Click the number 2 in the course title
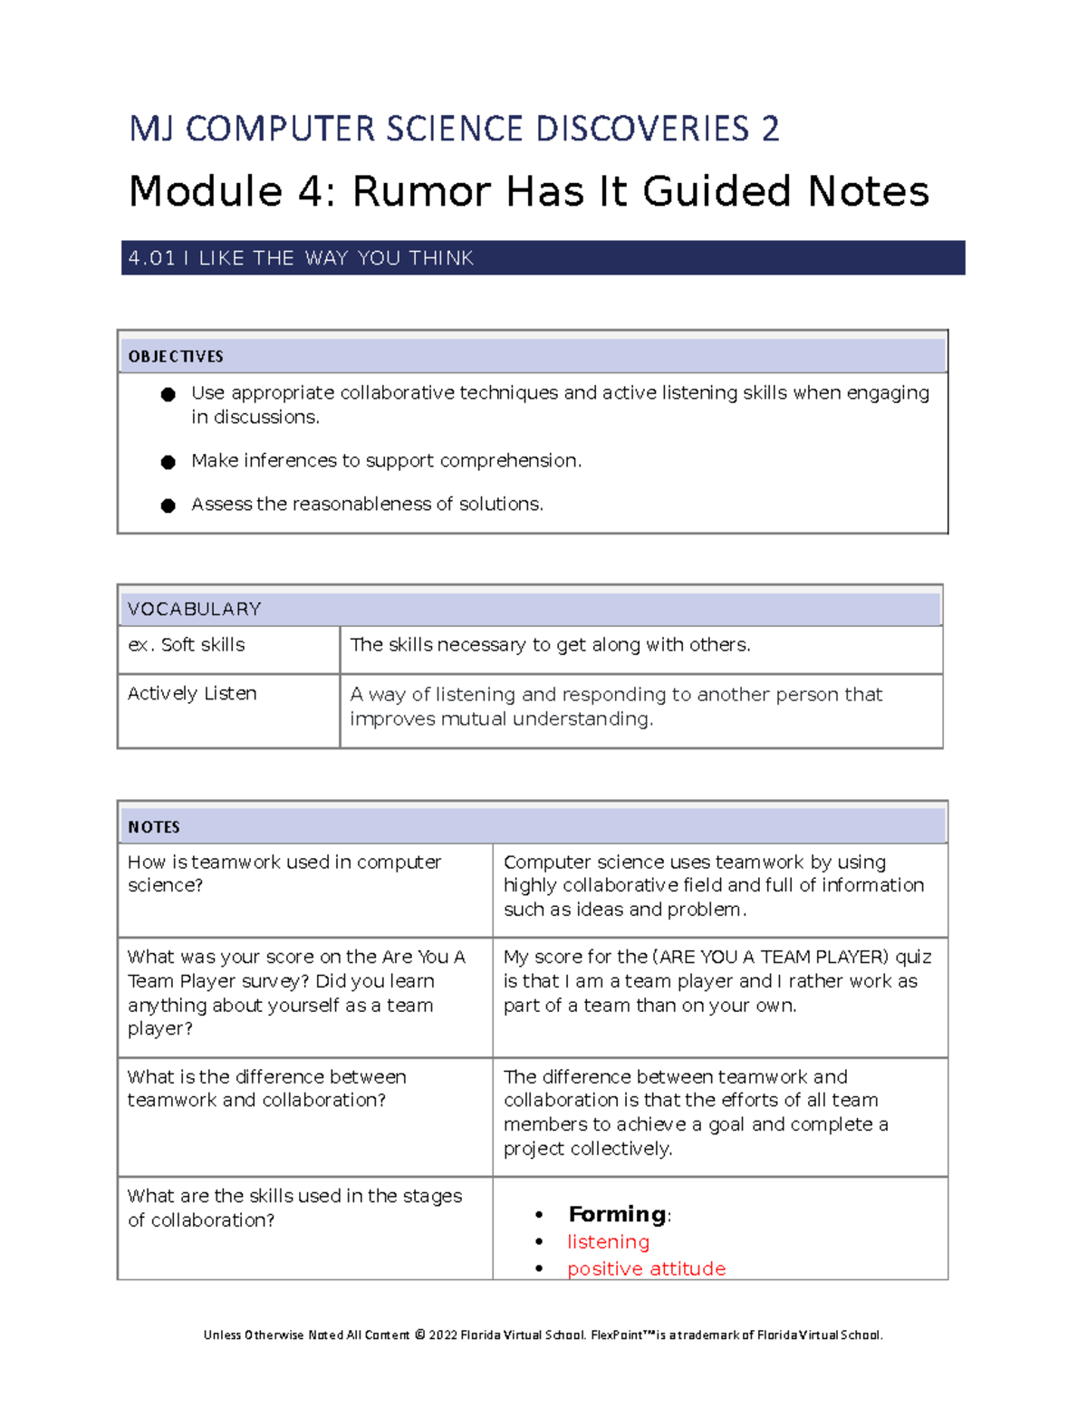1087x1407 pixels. pos(769,129)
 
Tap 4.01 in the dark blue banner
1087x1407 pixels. pos(151,258)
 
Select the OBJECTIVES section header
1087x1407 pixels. pos(176,356)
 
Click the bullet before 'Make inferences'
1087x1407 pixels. pos(168,462)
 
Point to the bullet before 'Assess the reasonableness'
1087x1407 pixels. pos(168,506)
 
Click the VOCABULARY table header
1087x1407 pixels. pos(194,609)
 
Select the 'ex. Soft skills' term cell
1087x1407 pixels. pos(187,645)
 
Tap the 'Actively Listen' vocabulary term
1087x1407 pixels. pos(192,693)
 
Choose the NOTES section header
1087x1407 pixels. pos(154,826)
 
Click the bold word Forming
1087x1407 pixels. pos(617,1214)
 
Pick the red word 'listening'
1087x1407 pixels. pos(608,1241)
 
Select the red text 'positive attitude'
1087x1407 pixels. pos(646,1268)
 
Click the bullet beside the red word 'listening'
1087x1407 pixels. pos(539,1242)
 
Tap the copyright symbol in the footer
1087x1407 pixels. pos(419,1335)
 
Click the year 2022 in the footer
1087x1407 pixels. pos(443,1335)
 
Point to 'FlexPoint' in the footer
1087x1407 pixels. pos(617,1335)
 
